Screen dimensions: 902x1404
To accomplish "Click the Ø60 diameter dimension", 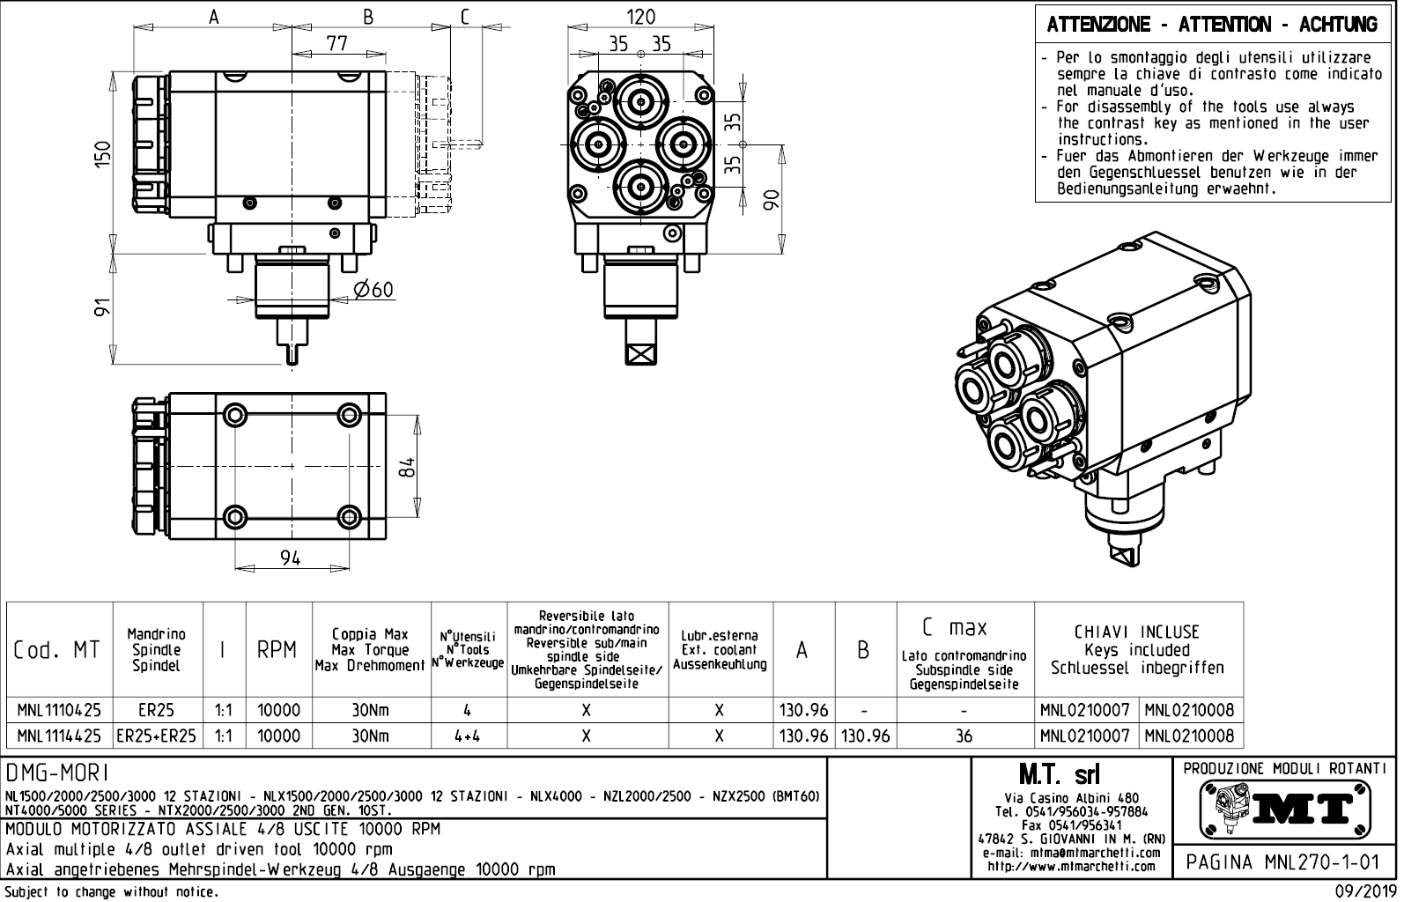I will (373, 290).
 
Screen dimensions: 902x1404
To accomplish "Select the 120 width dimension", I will (640, 17).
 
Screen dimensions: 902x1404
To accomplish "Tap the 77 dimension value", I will (336, 43).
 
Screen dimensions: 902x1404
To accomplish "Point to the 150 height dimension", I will (104, 154).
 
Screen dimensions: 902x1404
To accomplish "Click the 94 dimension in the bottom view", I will (290, 558).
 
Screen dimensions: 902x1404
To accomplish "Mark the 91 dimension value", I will (104, 307).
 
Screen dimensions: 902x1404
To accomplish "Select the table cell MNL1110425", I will (60, 710).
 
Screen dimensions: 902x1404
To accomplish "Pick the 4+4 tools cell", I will (468, 736).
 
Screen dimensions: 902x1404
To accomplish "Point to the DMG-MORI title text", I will (58, 773).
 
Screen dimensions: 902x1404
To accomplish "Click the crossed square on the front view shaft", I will (640, 352).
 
